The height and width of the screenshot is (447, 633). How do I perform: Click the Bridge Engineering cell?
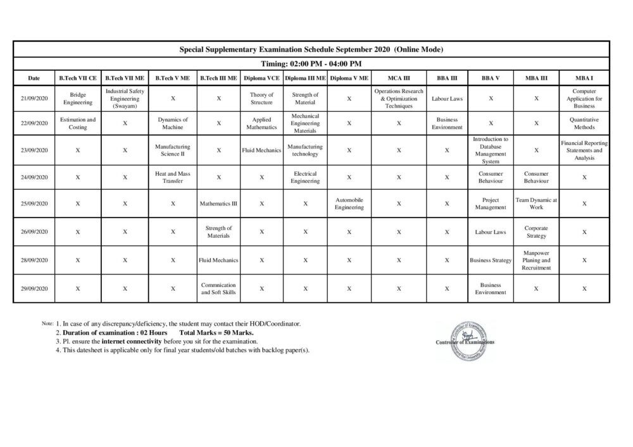pyautogui.click(x=78, y=99)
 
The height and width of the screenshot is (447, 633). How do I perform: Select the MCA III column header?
pyautogui.click(x=399, y=78)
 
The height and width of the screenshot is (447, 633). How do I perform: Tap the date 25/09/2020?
pyautogui.click(x=34, y=204)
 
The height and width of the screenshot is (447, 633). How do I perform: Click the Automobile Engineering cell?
pyautogui.click(x=349, y=204)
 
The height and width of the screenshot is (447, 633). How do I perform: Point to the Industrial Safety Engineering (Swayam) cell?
pyautogui.click(x=125, y=99)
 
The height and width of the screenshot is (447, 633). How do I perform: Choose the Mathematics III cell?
pyautogui.click(x=218, y=204)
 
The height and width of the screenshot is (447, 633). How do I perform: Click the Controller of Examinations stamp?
pyautogui.click(x=465, y=339)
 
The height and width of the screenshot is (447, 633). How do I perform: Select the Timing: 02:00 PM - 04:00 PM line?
pyautogui.click(x=311, y=64)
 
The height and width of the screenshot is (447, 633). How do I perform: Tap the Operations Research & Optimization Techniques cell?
pyautogui.click(x=399, y=99)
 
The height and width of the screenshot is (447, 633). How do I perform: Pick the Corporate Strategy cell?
pyautogui.click(x=536, y=232)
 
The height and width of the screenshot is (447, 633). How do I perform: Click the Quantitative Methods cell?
pyautogui.click(x=584, y=123)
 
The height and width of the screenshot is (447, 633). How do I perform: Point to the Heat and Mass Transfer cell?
pyautogui.click(x=173, y=178)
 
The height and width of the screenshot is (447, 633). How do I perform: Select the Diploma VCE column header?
pyautogui.click(x=261, y=78)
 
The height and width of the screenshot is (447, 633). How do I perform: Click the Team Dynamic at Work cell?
pyautogui.click(x=536, y=204)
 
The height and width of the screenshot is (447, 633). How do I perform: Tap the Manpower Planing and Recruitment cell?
pyautogui.click(x=536, y=260)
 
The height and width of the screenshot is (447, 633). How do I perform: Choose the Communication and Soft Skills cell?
pyautogui.click(x=218, y=289)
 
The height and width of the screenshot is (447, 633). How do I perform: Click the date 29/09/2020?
pyautogui.click(x=34, y=289)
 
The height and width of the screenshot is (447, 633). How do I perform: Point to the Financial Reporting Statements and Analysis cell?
pyautogui.click(x=584, y=150)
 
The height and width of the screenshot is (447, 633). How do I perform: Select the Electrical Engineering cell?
pyautogui.click(x=305, y=178)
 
